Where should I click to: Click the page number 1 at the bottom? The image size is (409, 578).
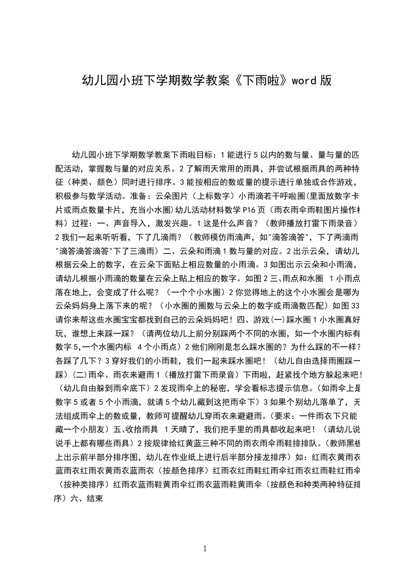coord(205,548)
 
